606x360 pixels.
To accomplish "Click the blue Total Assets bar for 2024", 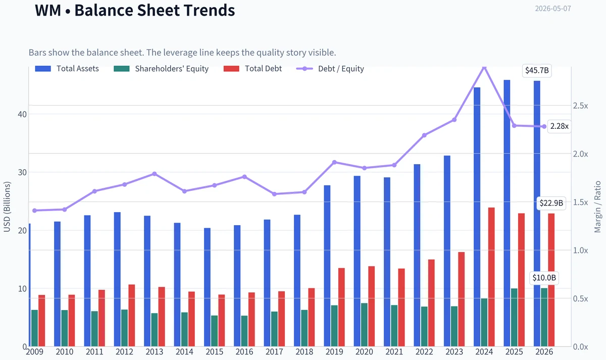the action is click(x=477, y=217).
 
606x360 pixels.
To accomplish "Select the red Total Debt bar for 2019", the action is click(x=341, y=307).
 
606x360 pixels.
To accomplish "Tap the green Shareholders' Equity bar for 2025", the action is click(x=514, y=318).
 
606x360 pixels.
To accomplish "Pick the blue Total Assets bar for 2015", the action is click(x=207, y=287).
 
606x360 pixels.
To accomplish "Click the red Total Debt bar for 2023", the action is click(x=461, y=299).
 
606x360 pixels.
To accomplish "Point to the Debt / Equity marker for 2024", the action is click(x=484, y=67).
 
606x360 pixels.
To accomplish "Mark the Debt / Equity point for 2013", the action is click(x=155, y=174).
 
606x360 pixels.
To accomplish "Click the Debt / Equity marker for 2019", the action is click(x=334, y=162).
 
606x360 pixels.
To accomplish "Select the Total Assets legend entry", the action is click(x=67, y=69).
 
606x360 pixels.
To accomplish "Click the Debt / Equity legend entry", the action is click(x=330, y=69).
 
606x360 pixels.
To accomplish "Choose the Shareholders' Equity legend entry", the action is click(x=161, y=69).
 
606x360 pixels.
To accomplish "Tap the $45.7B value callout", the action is click(x=537, y=70).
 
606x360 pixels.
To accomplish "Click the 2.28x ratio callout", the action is click(x=559, y=126).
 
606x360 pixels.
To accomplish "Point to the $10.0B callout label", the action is click(x=544, y=278).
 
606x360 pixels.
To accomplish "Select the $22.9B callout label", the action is click(x=551, y=203).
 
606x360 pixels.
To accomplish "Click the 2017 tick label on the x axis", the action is click(x=274, y=352).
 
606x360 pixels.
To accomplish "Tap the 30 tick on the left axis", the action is click(x=22, y=172).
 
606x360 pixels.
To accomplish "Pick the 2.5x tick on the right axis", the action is click(x=581, y=106).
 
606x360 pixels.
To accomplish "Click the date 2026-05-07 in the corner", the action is click(x=553, y=9).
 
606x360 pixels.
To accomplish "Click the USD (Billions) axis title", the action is click(x=7, y=207).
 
